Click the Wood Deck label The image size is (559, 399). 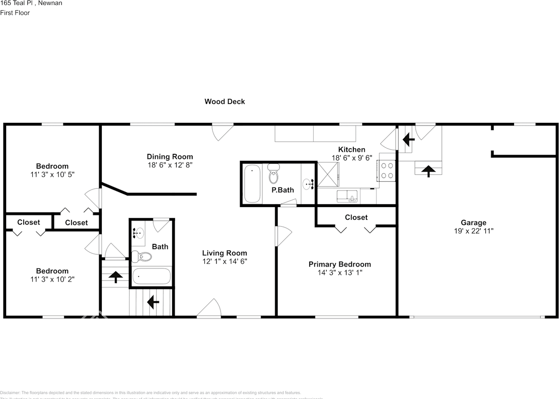pos(225,101)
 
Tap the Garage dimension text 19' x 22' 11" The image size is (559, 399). pos(473,231)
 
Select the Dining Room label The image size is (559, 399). pos(169,156)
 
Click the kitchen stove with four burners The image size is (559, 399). pos(387,170)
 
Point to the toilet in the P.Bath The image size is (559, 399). pos(274,173)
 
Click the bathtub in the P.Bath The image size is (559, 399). pos(252,184)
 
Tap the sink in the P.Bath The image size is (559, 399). pos(308,184)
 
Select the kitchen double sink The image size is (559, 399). pos(347,196)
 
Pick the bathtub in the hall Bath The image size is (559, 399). pos(151,276)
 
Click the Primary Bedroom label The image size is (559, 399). pos(340,264)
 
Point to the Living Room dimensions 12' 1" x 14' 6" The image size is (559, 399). pos(224,261)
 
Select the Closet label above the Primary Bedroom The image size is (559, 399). pos(356,217)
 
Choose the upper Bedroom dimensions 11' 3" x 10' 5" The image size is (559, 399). pos(52,174)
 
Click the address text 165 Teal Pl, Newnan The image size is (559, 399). pos(31,3)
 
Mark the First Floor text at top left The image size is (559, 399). pos(15,13)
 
